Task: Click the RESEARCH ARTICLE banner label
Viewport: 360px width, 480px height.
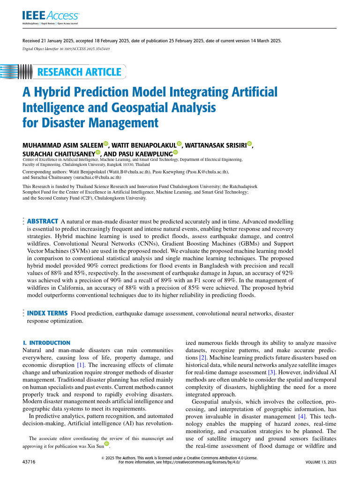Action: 79,72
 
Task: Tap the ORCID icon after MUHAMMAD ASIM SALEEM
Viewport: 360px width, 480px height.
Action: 105,144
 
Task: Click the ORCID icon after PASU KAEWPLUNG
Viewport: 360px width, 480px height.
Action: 176,152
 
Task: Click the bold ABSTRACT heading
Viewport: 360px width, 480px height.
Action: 43,221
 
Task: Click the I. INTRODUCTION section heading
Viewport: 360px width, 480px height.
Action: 46,343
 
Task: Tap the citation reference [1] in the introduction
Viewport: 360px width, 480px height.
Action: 81,365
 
